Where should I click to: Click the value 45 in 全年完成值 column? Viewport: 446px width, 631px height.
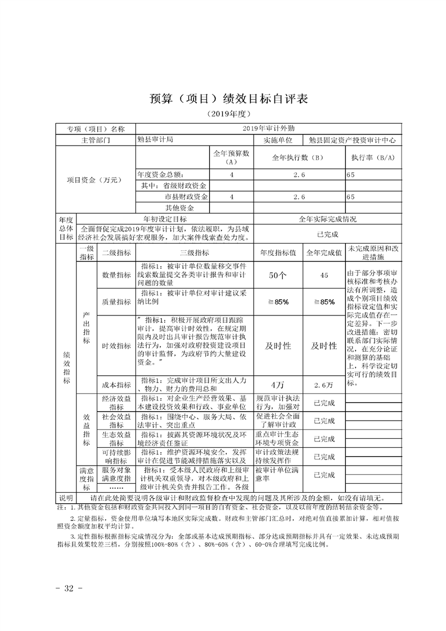323,275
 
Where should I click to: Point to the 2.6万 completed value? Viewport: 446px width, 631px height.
323,385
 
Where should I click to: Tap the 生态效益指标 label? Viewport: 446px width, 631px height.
116,439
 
